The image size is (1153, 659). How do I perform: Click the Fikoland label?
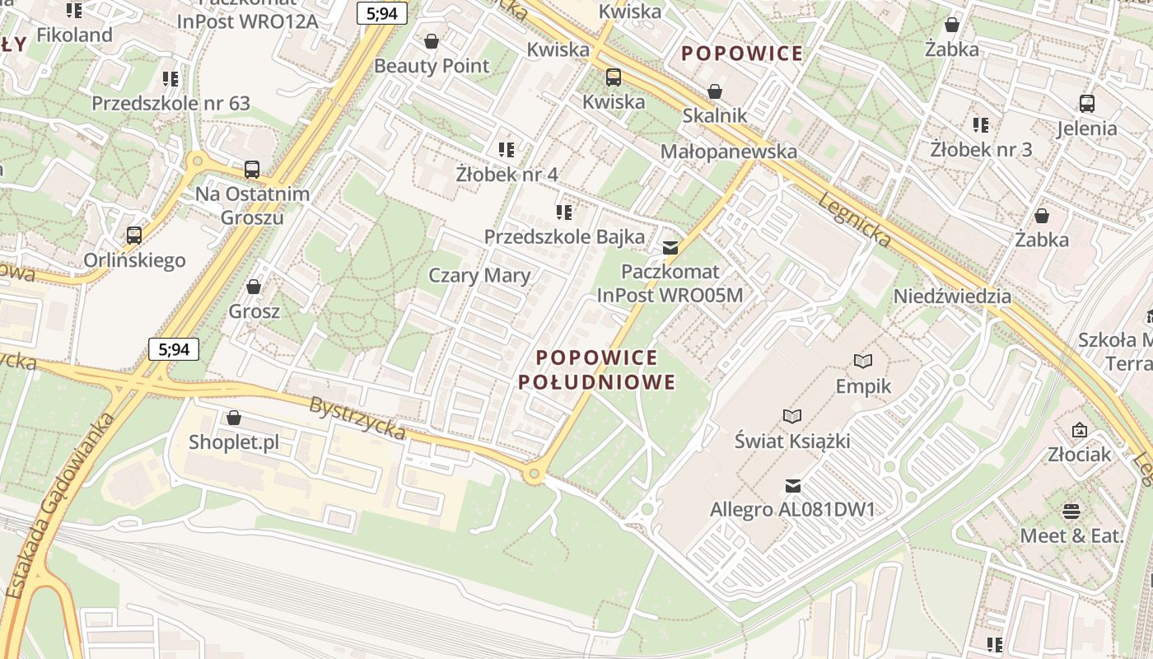74,35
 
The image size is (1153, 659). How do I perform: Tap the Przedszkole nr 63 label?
170,104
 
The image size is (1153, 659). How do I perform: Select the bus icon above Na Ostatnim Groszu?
252,170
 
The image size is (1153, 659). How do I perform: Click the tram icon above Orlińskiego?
134,236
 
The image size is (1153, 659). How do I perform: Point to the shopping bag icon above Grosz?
254,287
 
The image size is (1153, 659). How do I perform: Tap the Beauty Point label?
432,66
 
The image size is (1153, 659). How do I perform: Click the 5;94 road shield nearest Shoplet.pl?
174,349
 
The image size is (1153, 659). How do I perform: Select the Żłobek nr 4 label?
506,175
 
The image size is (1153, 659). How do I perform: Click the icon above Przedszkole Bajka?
564,213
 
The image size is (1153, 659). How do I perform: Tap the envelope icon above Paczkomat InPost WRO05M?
670,247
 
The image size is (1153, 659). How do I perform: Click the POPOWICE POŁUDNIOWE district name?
596,370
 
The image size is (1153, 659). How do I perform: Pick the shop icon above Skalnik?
714,91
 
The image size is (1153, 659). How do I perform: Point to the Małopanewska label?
728,152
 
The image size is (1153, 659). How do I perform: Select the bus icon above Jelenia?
1087,104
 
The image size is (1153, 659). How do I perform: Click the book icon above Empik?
863,361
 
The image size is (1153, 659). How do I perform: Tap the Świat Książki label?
791,442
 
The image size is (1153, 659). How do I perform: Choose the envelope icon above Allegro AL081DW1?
792,486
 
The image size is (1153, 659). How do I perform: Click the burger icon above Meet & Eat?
1071,512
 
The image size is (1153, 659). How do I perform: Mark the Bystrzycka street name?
357,418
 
